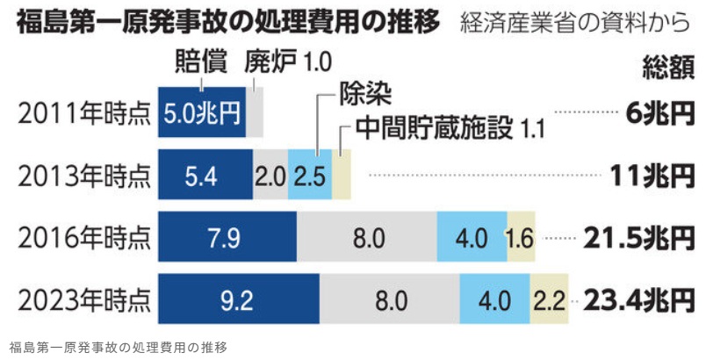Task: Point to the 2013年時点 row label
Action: [x=83, y=175]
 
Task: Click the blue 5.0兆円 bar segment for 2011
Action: [x=202, y=112]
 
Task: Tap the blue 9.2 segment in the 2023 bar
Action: [x=238, y=300]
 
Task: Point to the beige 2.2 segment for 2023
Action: [x=550, y=300]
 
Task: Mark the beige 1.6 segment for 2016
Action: [x=521, y=238]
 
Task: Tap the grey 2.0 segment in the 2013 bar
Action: [x=270, y=175]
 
